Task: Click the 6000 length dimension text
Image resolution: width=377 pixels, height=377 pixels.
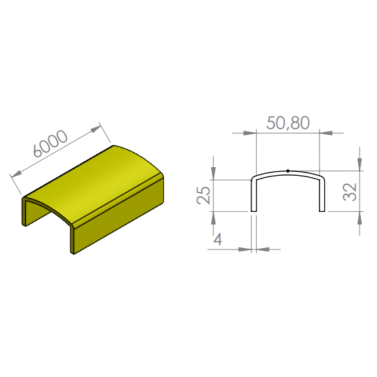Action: coord(51,144)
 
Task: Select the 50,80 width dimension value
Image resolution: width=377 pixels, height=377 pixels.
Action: coord(288,123)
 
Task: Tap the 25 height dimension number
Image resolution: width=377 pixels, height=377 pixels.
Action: coord(203,195)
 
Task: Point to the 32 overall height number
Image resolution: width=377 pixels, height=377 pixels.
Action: coord(350,192)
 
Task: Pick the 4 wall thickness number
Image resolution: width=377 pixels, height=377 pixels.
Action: coord(218,239)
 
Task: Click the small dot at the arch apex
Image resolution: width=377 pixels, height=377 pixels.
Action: coord(288,171)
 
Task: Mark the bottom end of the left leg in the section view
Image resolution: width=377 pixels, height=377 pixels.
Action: coord(253,211)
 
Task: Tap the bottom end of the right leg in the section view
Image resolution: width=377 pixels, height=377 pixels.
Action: coord(322,211)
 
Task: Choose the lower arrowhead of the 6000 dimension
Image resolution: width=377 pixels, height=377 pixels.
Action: coord(16,174)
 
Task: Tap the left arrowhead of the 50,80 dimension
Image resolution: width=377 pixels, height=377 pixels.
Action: coord(249,133)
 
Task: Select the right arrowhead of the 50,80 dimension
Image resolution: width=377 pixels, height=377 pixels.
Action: coord(326,133)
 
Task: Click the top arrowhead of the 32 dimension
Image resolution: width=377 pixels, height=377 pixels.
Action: coord(360,164)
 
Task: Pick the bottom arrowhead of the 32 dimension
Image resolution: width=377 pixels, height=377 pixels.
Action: coord(360,218)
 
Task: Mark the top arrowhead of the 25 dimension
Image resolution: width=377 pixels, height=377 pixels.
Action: coord(213,173)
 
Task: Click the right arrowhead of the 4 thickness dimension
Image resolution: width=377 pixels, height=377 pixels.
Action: coord(263,249)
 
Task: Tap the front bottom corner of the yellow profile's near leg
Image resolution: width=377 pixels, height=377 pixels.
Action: coord(74,253)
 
